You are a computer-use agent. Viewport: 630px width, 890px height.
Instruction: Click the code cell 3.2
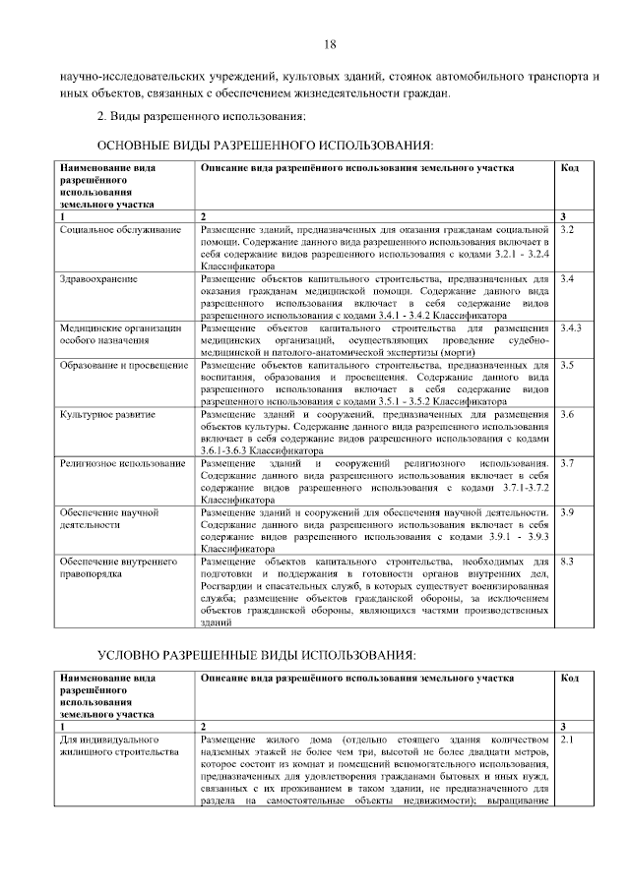567,229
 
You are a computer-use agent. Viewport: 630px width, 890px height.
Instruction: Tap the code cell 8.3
567,562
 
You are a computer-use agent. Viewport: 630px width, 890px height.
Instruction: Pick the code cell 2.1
567,739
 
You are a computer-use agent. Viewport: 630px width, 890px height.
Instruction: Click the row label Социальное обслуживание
120,229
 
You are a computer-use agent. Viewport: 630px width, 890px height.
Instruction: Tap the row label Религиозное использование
122,462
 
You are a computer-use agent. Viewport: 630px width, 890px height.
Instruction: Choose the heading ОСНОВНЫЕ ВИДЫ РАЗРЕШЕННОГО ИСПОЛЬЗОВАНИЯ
267,146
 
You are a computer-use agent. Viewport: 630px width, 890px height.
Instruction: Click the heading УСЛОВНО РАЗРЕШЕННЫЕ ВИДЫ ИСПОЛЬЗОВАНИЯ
275,654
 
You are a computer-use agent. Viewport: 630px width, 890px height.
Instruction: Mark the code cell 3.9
567,512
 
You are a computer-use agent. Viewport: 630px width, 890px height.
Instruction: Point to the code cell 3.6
567,414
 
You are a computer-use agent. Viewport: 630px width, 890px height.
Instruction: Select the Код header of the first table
569,168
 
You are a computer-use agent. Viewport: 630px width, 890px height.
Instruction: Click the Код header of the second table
569,678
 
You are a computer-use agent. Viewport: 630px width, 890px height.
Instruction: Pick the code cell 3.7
567,462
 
